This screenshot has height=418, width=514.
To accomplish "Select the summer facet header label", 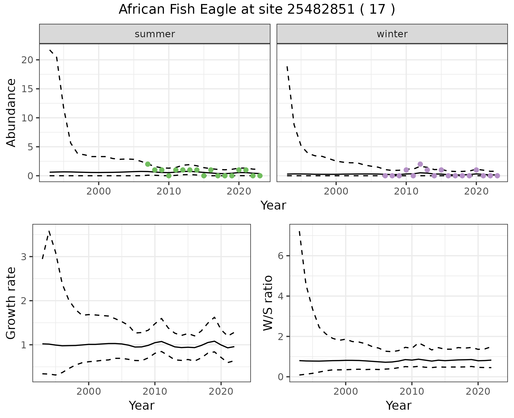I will [x=155, y=34].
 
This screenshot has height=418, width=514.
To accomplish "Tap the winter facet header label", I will [x=392, y=34].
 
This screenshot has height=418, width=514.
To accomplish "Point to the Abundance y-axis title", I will [x=11, y=113].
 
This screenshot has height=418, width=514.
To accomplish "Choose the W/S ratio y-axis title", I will [x=268, y=303].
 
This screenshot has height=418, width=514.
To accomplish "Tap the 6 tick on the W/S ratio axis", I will [x=281, y=256].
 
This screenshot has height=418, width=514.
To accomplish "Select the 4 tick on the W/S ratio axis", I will [x=281, y=296].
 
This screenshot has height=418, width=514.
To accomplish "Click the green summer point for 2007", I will [x=148, y=164].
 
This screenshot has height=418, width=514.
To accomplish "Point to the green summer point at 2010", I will [x=169, y=176].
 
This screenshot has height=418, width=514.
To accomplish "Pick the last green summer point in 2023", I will [x=260, y=176].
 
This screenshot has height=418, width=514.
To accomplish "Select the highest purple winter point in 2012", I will [x=420, y=164].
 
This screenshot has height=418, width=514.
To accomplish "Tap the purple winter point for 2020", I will [x=476, y=170].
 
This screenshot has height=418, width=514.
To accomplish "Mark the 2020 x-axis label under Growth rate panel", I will [x=221, y=391].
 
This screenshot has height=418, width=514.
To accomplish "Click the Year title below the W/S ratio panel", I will [x=398, y=405].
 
